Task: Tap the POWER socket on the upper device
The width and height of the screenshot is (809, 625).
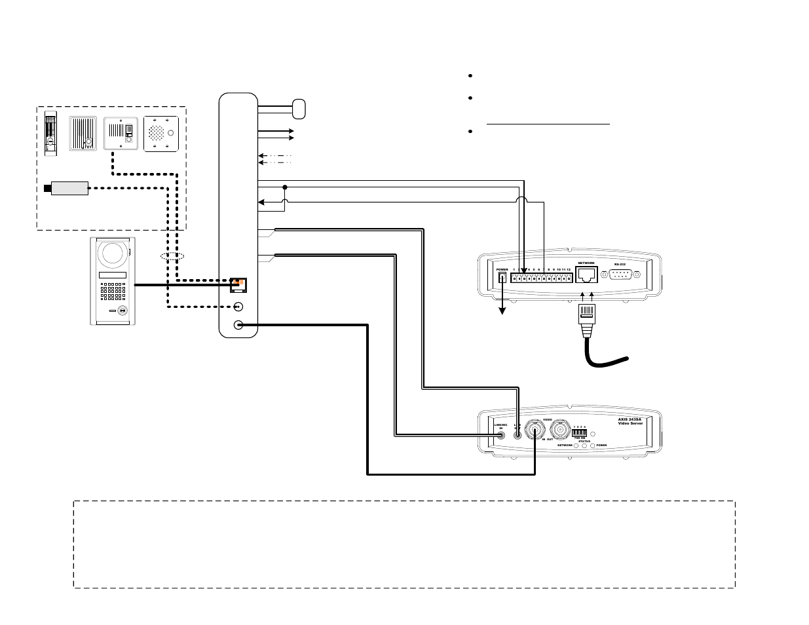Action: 502,278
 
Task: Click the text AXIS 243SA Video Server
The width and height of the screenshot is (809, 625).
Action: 631,421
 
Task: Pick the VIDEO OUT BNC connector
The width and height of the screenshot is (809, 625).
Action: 560,430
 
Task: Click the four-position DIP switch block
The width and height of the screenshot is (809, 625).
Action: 579,433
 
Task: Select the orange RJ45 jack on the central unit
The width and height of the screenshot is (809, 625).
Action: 238,285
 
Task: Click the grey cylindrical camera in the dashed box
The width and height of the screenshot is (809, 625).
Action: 69,189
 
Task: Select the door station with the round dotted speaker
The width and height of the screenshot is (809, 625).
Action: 161,134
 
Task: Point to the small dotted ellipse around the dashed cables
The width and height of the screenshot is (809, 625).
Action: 172,256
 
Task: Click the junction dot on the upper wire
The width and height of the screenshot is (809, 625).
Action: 285,187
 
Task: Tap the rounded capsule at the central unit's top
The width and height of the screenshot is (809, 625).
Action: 299,109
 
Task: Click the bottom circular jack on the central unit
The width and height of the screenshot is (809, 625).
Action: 238,324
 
